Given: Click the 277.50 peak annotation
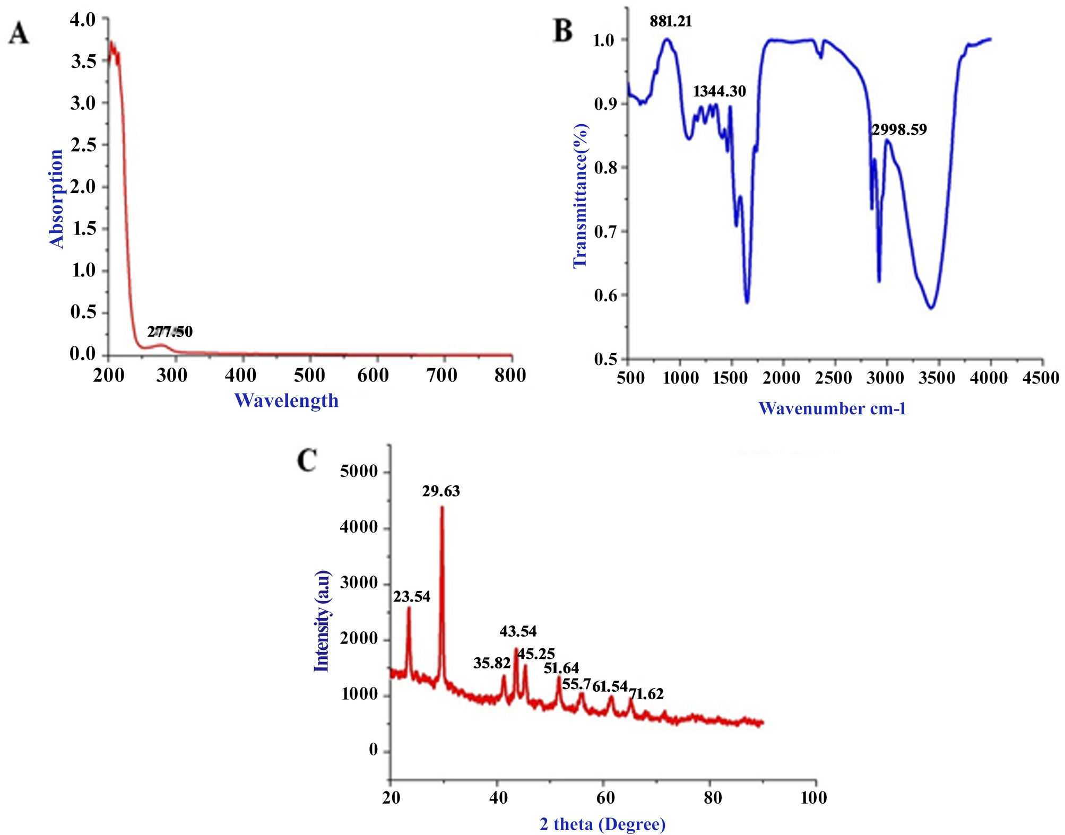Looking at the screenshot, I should pyautogui.click(x=170, y=332).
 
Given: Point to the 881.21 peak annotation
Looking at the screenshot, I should pyautogui.click(x=671, y=21).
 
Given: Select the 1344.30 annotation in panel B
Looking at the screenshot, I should pyautogui.click(x=719, y=91).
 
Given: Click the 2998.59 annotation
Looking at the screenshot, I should pyautogui.click(x=899, y=129).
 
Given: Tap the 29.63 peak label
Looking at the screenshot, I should pyautogui.click(x=441, y=491).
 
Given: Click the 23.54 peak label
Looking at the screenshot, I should pyautogui.click(x=412, y=597).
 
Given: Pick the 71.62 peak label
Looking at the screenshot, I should pyautogui.click(x=646, y=694).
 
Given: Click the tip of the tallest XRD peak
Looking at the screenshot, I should pyautogui.click(x=442, y=508).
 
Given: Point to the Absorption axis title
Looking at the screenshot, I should pyautogui.click(x=56, y=198).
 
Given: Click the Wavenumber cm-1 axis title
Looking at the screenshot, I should pyautogui.click(x=832, y=408).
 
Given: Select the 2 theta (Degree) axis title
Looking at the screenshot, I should pyautogui.click(x=602, y=824).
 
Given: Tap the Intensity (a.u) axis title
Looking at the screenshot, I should pyautogui.click(x=322, y=621).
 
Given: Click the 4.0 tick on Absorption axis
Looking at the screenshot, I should pyautogui.click(x=83, y=20).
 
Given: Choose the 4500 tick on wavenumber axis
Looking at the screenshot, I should pyautogui.click(x=1041, y=378).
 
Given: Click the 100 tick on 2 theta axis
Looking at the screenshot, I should pyautogui.click(x=813, y=797).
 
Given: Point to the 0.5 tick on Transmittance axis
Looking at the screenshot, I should pyautogui.click(x=605, y=359).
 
